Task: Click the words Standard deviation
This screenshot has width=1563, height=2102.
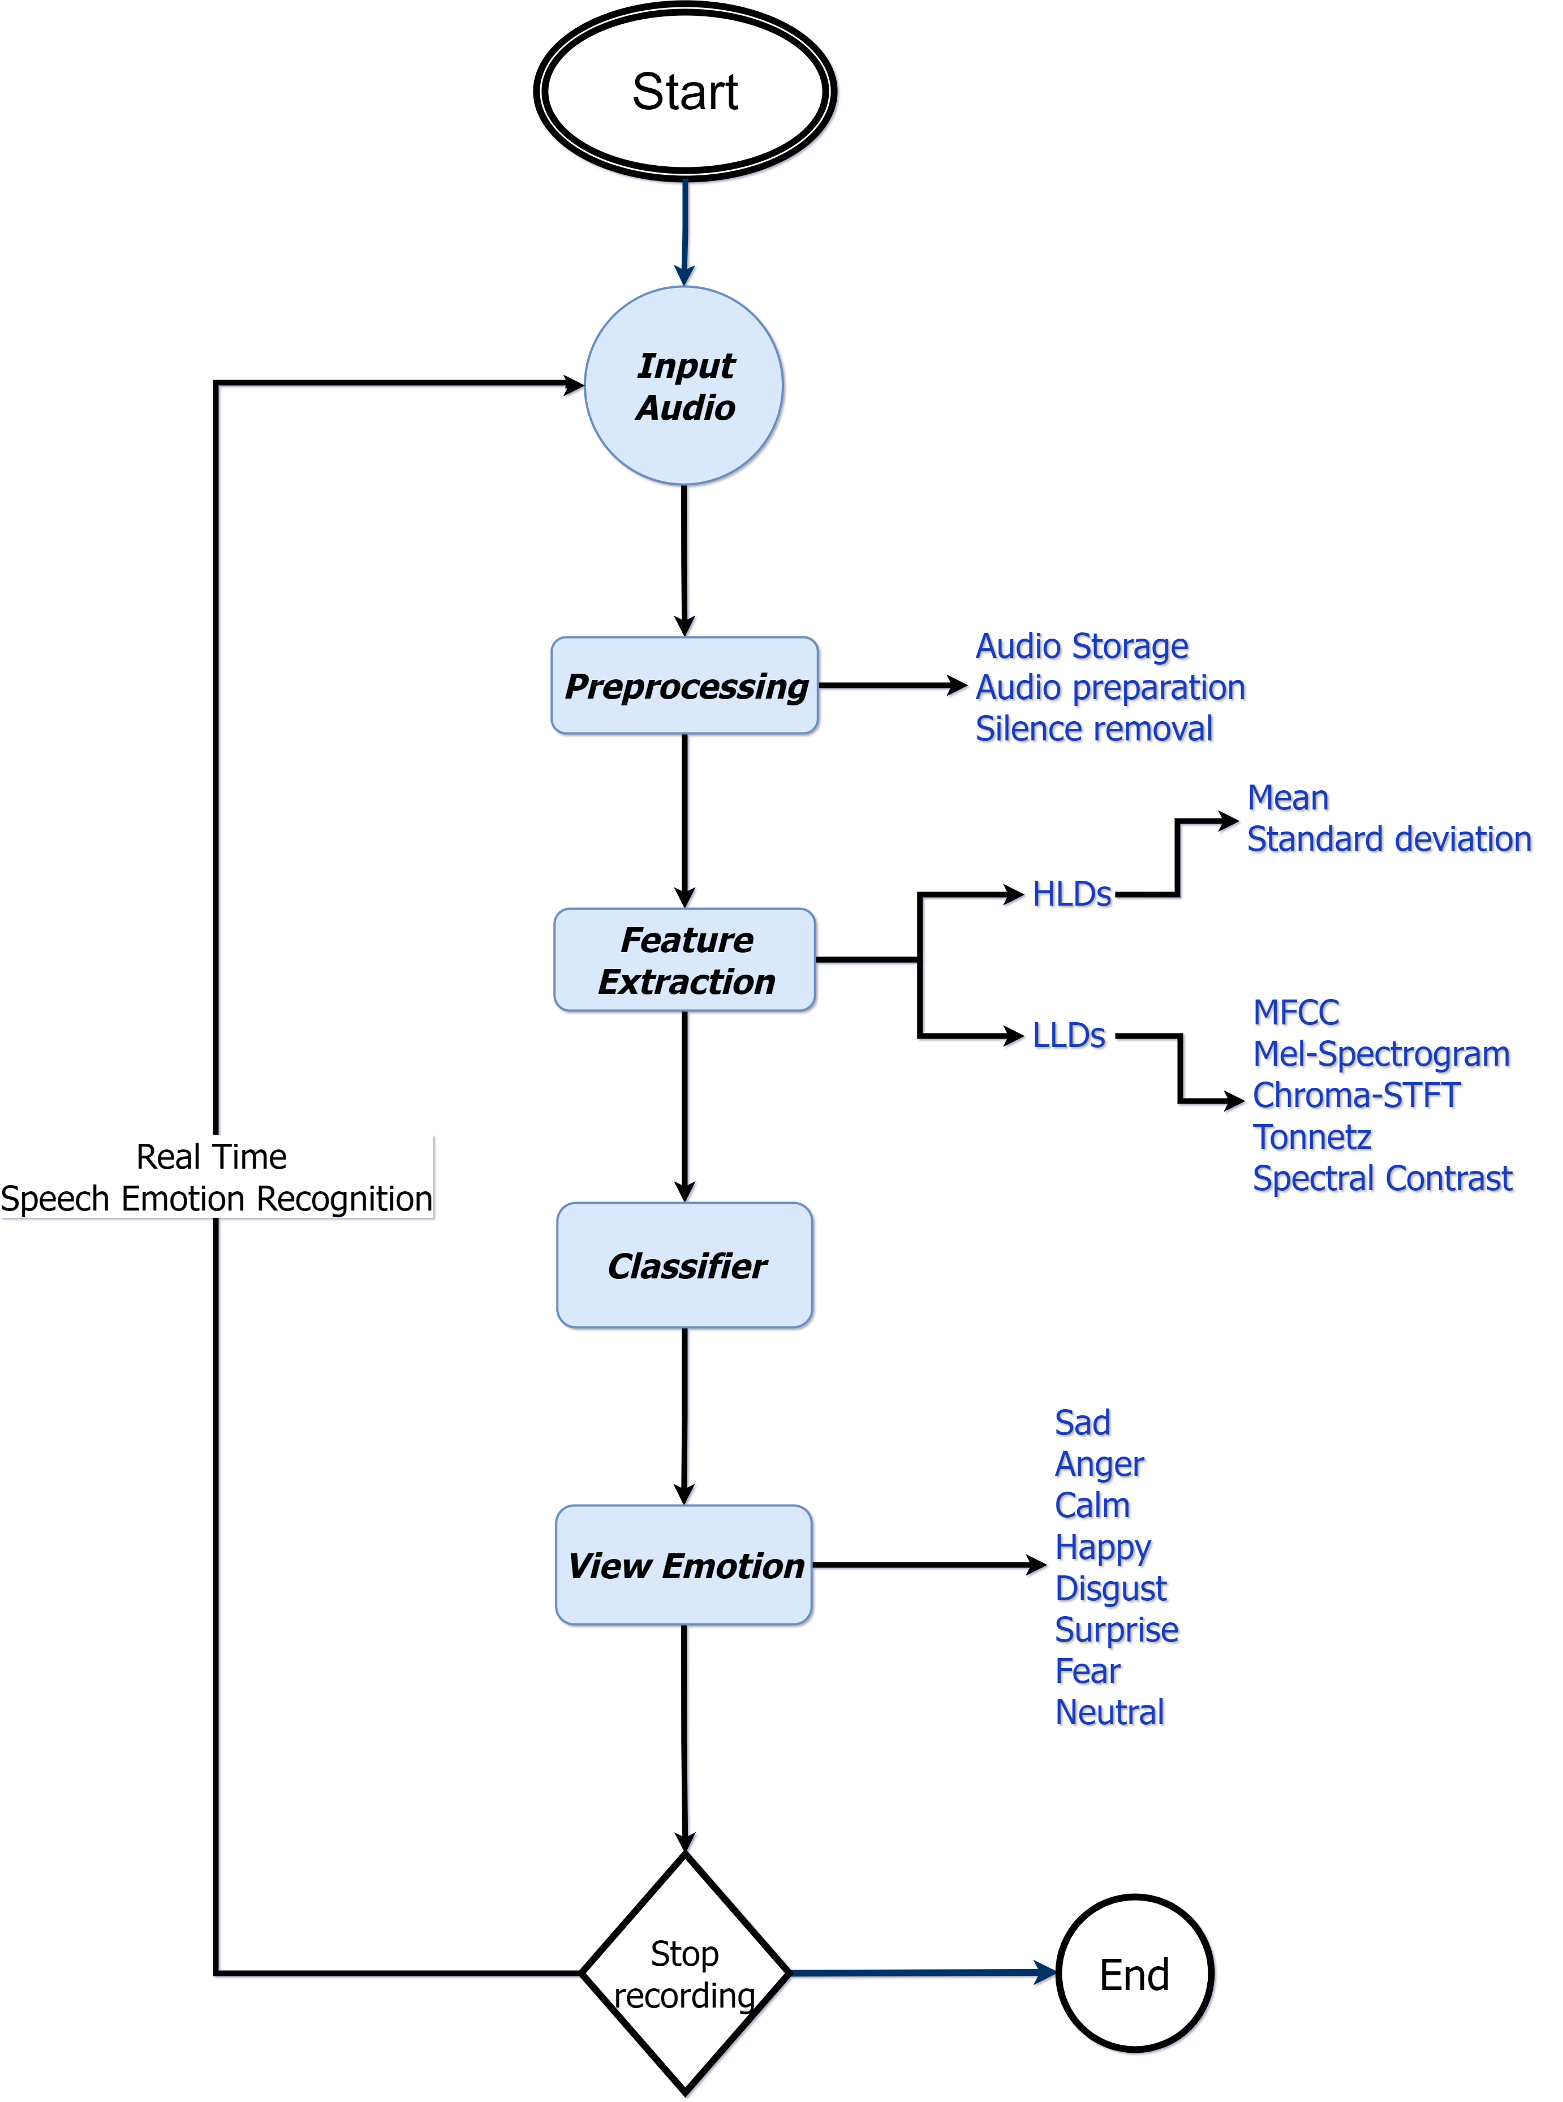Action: click(1388, 839)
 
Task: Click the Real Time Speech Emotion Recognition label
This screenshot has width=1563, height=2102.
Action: click(216, 1178)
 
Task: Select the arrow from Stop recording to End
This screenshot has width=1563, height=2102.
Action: click(923, 1974)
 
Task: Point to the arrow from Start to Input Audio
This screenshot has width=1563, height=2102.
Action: click(685, 232)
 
